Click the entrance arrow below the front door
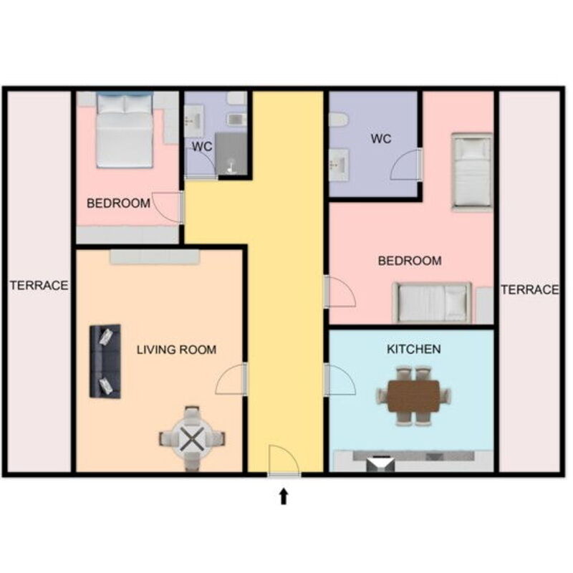[284, 496]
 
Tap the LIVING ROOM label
[176, 350]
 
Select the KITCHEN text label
[413, 349]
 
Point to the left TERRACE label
[39, 285]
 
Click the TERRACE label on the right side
[529, 289]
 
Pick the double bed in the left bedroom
[125, 130]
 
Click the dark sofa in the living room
[105, 361]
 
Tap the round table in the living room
[191, 438]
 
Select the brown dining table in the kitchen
[414, 395]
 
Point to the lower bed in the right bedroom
[432, 302]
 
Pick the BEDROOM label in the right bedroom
[409, 261]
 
